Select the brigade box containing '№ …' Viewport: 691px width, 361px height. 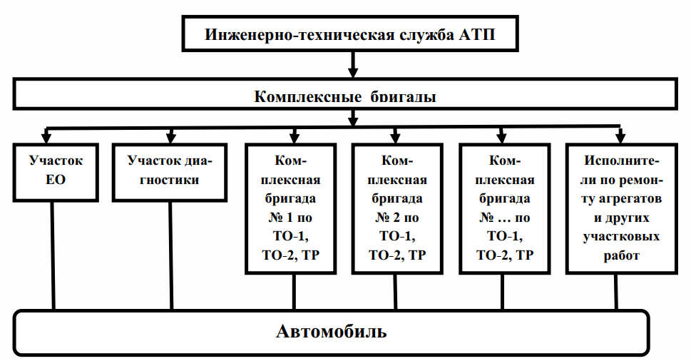tap(505, 208)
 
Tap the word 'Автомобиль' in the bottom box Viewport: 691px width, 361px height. tap(332, 332)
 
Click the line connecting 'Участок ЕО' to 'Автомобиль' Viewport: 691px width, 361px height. tap(53, 253)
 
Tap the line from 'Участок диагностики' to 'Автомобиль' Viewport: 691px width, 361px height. tap(170, 253)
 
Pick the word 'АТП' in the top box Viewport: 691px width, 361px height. tap(479, 34)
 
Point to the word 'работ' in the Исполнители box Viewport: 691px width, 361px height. tap(620, 255)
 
